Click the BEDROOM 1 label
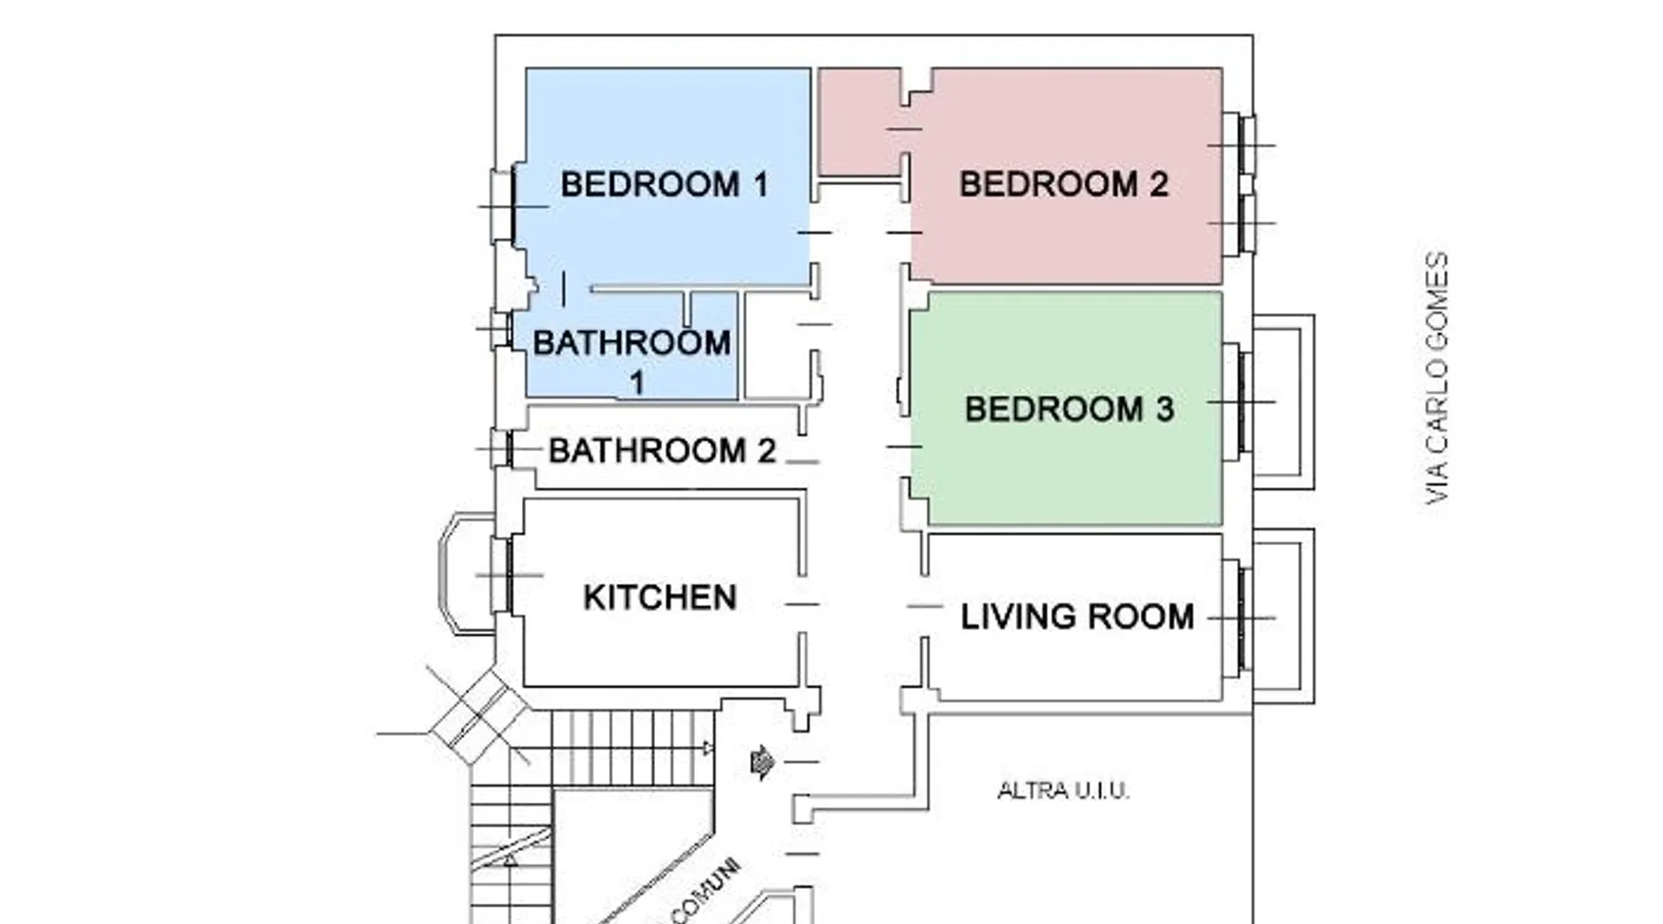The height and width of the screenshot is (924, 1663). point(664,184)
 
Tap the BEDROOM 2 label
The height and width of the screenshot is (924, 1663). point(1063,184)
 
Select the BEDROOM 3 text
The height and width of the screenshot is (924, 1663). point(1069,408)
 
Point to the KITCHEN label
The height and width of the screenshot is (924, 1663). point(660,597)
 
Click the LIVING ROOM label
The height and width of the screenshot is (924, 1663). point(1077,616)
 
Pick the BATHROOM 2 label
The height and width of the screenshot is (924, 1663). point(662,451)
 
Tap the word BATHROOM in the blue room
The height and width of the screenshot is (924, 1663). point(632,343)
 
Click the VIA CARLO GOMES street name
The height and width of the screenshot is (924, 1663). point(1437,378)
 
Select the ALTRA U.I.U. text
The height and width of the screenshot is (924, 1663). point(1063,791)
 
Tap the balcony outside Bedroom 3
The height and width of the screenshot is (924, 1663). point(1284,402)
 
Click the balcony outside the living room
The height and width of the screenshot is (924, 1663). point(1284,616)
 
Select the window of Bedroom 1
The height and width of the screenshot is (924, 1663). point(504,206)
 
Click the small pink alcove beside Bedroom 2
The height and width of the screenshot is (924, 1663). point(859,120)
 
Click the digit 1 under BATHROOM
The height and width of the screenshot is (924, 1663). point(637,383)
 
